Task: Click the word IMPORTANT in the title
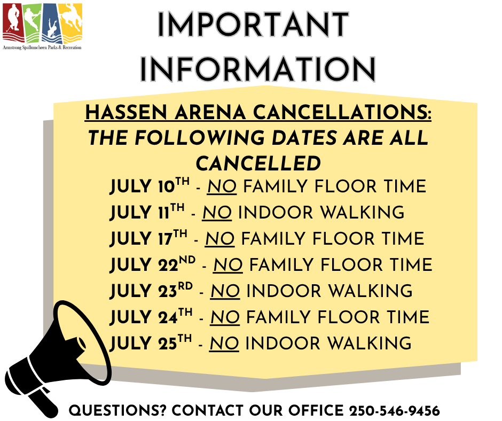pos(253,24)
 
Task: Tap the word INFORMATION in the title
pos(258,69)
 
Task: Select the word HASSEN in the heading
pos(126,112)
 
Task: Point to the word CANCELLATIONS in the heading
pos(342,112)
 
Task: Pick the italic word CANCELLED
pos(258,163)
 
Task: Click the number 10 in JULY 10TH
pos(166,187)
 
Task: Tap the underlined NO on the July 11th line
pos(217,213)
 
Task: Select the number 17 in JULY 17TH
pos(165,239)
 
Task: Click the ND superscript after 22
pos(187,260)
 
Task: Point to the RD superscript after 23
pos(185,286)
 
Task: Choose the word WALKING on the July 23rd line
pos(371,291)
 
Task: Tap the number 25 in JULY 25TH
pos(167,344)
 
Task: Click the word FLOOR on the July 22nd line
pos(351,265)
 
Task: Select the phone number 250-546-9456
pos(395,411)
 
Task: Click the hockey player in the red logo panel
pos(13,19)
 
